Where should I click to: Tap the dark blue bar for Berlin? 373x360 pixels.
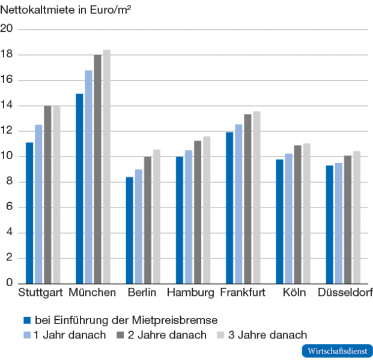[129, 230]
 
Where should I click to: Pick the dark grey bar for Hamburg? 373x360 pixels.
[198, 212]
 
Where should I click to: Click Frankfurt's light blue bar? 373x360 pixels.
[238, 204]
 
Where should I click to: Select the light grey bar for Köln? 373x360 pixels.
[306, 213]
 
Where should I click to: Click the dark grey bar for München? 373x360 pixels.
[97, 169]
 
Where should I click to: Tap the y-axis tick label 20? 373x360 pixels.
[7, 29]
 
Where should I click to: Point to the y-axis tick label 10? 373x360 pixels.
[7, 157]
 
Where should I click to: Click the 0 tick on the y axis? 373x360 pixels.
[10, 283]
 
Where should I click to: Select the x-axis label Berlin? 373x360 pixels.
[142, 293]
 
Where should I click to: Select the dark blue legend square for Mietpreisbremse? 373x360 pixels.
[26, 320]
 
